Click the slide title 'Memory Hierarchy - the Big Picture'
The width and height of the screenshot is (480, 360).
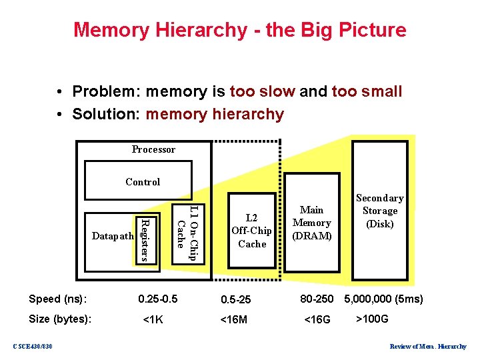[239, 30]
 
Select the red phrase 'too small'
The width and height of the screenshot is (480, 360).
[367, 91]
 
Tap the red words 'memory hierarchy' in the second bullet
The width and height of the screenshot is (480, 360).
[215, 114]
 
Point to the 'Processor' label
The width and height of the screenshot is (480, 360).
[153, 149]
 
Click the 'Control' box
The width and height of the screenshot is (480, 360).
[143, 182]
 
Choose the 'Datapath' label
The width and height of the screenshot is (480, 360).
[113, 236]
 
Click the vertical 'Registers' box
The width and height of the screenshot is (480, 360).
[145, 238]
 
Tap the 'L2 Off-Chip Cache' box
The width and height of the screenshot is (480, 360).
[251, 231]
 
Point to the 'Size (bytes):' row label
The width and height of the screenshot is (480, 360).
[61, 319]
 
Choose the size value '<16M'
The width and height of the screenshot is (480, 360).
[234, 319]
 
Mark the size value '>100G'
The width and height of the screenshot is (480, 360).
[373, 319]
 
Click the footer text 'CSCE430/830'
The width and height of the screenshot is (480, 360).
[33, 345]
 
